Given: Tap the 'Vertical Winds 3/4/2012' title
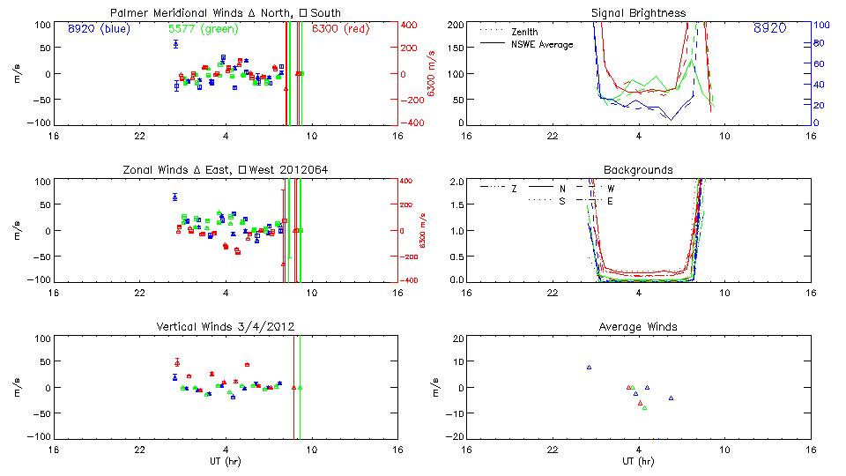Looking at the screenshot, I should click(x=226, y=327).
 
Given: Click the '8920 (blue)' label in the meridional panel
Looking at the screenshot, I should click(x=98, y=29).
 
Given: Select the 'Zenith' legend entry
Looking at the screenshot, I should click(x=525, y=32).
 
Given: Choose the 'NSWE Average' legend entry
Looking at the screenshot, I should click(x=542, y=44).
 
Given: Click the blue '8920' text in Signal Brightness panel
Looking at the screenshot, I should click(x=769, y=29).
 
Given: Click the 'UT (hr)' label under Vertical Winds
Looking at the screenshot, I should click(x=226, y=461).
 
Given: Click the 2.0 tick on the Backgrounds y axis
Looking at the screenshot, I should click(x=456, y=182).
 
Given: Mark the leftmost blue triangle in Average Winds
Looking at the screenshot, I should click(x=589, y=367).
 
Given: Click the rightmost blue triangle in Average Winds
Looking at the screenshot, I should click(x=671, y=398).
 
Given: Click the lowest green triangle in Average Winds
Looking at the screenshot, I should click(x=644, y=408).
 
